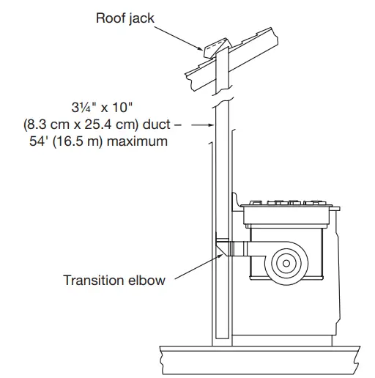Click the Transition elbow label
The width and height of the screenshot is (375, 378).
tap(114, 280)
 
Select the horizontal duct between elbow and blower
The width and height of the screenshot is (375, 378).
tap(241, 250)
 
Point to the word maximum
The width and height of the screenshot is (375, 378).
tap(142, 141)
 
